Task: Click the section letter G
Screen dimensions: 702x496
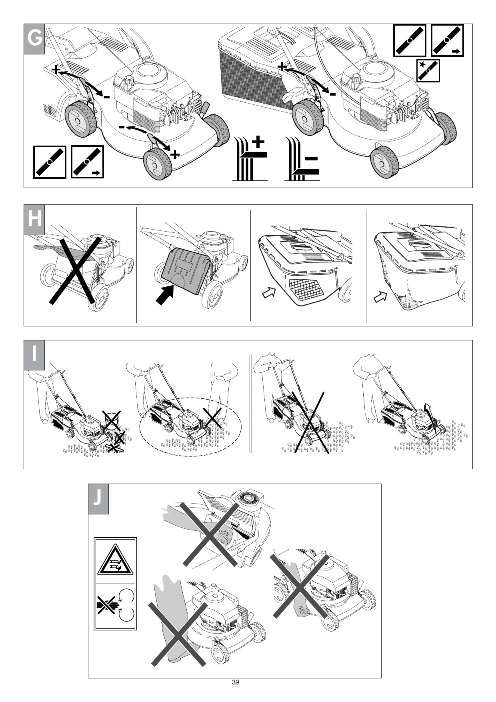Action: pos(34,39)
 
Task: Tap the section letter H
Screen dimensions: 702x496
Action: pos(34,220)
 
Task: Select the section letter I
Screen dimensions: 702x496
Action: pos(34,355)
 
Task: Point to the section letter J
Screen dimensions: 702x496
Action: pos(98,499)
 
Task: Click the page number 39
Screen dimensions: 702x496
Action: pos(235,682)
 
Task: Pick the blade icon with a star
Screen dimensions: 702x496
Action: pos(428,71)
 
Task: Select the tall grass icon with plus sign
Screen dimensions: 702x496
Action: pos(250,159)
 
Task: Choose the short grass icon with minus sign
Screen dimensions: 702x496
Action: pos(302,159)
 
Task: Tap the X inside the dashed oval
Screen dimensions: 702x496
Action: pos(213,417)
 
